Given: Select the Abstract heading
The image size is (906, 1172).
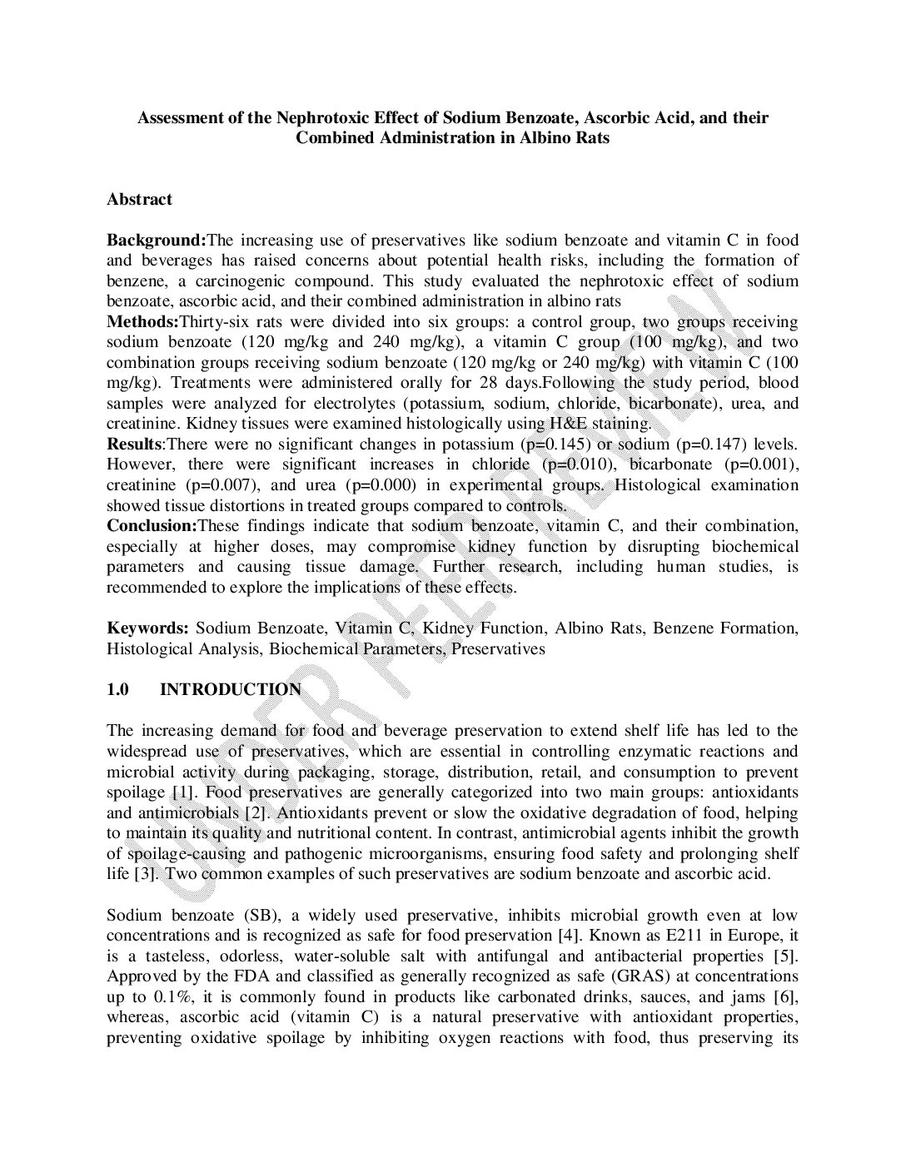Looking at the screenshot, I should (139, 199).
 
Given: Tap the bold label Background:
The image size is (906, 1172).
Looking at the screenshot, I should (156, 241).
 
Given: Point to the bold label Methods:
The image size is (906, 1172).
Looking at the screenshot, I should (142, 322).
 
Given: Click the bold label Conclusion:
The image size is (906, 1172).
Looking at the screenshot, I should (151, 526).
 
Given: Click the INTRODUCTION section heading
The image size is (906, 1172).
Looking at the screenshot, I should (231, 689).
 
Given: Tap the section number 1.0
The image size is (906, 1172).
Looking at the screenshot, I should (117, 689).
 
